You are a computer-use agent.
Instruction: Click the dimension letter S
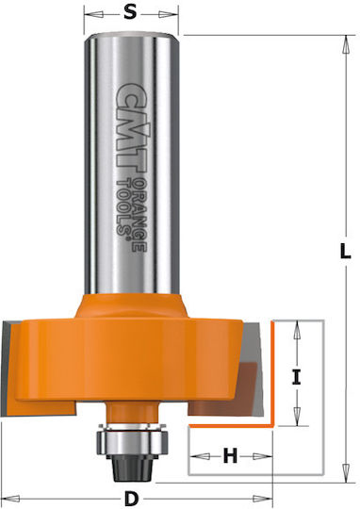[x=130, y=13]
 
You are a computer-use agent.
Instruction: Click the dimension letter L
[x=345, y=252]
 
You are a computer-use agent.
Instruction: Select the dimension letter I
[x=296, y=378]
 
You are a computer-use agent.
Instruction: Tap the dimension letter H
[x=230, y=456]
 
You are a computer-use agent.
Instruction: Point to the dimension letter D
[x=131, y=499]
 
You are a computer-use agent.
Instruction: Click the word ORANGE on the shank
[x=139, y=215]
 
